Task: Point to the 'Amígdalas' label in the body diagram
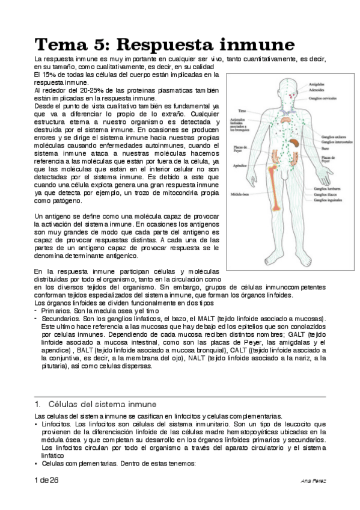point(318,84)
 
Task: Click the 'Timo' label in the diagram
point(242,111)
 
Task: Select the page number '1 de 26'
point(46,481)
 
